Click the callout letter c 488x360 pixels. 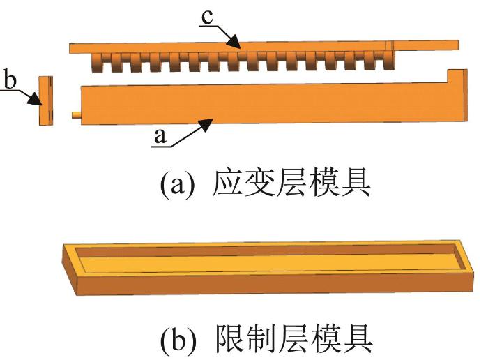point(207,17)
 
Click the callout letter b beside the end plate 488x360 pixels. point(10,80)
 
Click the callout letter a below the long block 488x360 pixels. point(160,137)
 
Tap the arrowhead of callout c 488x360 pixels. point(234,41)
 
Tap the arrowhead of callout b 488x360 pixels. point(35,100)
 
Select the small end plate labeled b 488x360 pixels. point(46,100)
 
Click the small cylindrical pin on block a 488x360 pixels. point(76,115)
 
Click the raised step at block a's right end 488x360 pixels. point(457,76)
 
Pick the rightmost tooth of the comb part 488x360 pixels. point(389,60)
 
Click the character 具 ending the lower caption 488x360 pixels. point(357,340)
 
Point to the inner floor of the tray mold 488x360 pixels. point(267,263)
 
